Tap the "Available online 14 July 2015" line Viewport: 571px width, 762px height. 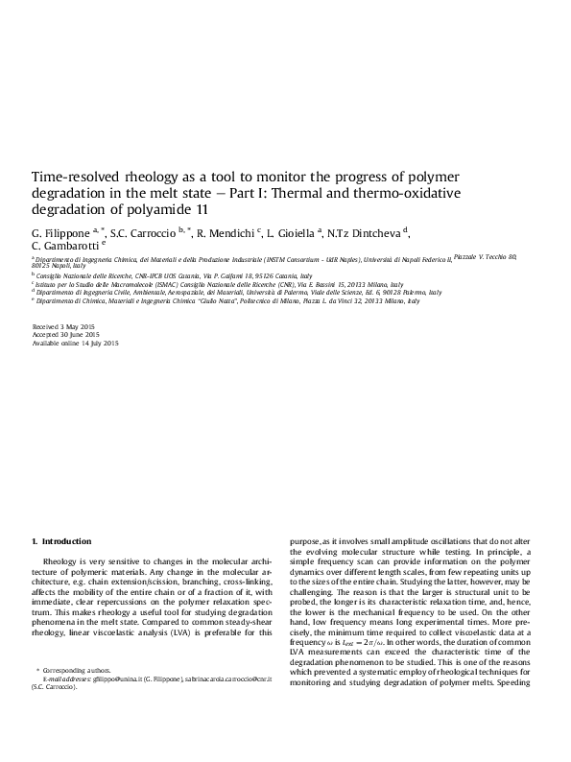(76, 344)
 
